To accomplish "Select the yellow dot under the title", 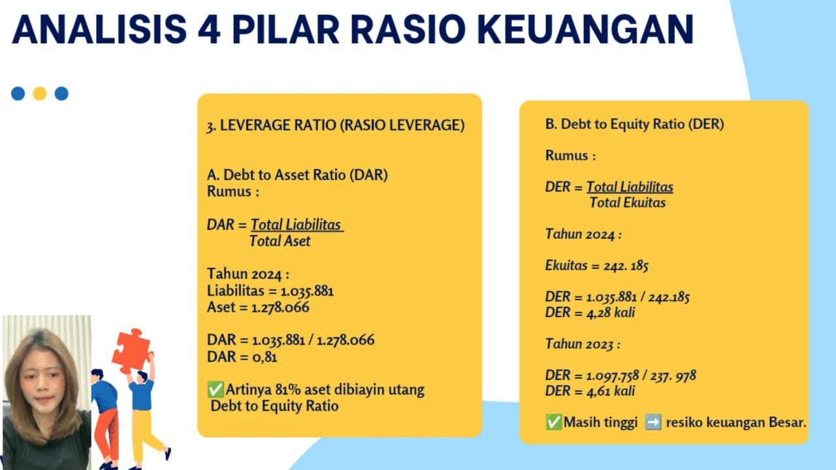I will (40, 93).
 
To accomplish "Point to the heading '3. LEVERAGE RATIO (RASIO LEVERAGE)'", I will (336, 126).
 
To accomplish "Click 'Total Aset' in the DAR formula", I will (280, 241).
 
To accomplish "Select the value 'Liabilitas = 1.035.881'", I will (270, 291).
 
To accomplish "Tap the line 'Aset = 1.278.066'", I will (258, 307).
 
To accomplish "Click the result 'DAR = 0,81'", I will (242, 356).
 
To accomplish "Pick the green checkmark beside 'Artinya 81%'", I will (216, 390).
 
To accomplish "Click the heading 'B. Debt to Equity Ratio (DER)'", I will (634, 124).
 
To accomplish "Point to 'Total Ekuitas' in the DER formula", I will (628, 202).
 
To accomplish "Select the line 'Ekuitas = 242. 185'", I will (596, 266).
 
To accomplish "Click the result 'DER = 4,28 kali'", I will (590, 313).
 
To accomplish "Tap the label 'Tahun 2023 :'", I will (583, 344).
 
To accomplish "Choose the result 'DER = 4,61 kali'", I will (590, 391).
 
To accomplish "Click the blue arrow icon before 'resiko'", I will (652, 422).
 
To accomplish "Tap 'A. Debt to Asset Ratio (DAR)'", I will (297, 175).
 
